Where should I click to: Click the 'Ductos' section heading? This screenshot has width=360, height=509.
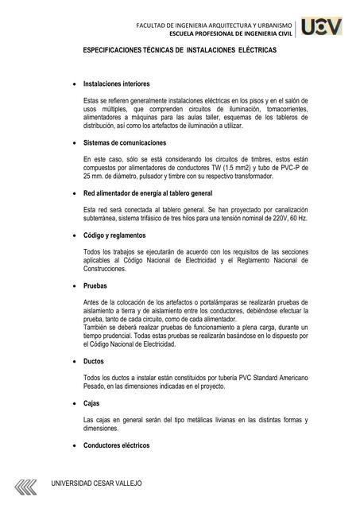[x=93, y=360]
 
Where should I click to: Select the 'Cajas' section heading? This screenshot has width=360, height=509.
[x=91, y=402]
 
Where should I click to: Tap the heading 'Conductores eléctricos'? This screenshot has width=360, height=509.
[x=116, y=445]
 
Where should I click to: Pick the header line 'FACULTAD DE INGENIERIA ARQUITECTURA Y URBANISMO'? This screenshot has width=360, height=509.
[x=215, y=25]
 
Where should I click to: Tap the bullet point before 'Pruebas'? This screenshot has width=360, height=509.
[x=74, y=286]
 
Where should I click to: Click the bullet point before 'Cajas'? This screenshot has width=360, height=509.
[x=74, y=402]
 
